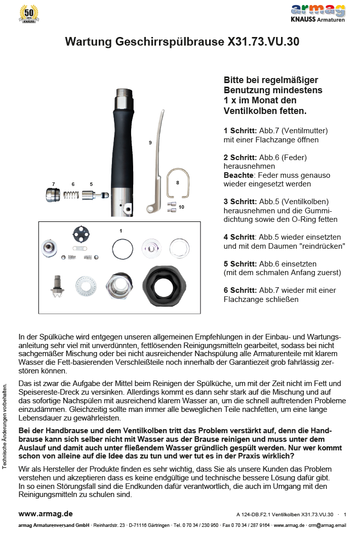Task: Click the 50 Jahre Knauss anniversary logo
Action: click(28, 14)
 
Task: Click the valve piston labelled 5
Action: click(94, 195)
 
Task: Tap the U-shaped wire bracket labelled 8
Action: click(177, 183)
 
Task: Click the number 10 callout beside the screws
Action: click(181, 207)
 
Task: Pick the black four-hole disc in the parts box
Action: click(79, 235)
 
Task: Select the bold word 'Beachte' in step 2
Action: click(236, 175)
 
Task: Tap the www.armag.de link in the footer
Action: click(46, 514)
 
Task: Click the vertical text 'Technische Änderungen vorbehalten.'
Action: click(5, 426)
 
